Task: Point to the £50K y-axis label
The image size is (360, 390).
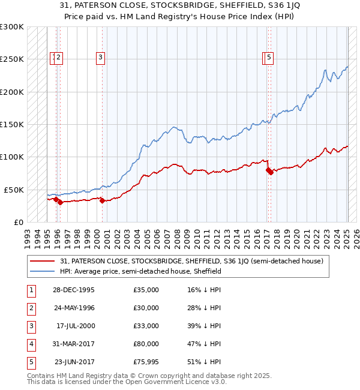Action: tap(13, 190)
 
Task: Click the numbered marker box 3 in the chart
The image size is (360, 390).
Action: tap(100, 58)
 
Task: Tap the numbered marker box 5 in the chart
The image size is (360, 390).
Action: tap(269, 58)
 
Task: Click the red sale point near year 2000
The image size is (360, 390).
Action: tap(102, 200)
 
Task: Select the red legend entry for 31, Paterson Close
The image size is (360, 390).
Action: tap(191, 261)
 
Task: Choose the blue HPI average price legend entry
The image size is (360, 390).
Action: tap(140, 271)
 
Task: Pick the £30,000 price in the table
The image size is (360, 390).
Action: tap(146, 308)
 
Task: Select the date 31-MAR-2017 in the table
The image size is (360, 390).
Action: tap(73, 344)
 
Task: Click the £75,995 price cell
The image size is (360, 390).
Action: tap(146, 362)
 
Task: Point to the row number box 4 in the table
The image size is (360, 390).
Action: tap(30, 344)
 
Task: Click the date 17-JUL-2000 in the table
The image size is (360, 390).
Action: tap(74, 326)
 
